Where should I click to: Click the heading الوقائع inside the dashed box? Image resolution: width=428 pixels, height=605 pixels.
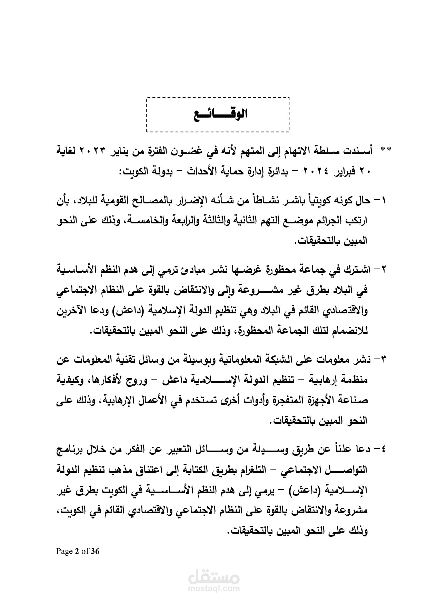click(218, 114)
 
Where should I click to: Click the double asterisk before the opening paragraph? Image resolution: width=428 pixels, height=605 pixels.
click(385, 150)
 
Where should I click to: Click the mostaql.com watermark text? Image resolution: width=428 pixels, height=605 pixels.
click(214, 589)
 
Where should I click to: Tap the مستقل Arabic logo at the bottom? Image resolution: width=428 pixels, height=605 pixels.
click(214, 577)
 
